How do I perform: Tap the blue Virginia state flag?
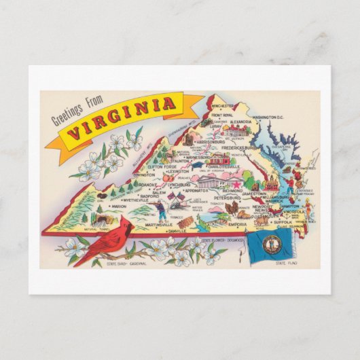pyautogui.click(x=270, y=245)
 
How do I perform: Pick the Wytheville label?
pyautogui.click(x=133, y=202)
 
